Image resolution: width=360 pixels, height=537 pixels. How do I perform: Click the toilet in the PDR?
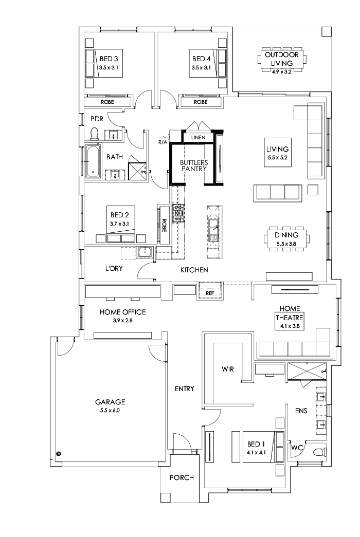(x=94, y=134)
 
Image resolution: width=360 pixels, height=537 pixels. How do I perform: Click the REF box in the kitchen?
(x=209, y=293)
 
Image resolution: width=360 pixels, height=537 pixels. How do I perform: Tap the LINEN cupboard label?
(x=198, y=138)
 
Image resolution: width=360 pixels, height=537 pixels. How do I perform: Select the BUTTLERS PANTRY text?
(x=193, y=165)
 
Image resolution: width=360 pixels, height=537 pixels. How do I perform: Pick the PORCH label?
(x=182, y=477)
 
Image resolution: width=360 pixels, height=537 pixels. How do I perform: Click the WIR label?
(x=228, y=369)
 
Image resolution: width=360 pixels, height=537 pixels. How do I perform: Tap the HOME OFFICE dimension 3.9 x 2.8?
(x=122, y=321)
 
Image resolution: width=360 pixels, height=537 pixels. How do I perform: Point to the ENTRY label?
(x=184, y=389)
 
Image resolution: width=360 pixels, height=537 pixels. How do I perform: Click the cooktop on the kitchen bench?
(x=178, y=213)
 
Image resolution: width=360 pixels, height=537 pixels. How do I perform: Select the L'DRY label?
(x=114, y=269)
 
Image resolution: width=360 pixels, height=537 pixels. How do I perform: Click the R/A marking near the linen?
(x=163, y=141)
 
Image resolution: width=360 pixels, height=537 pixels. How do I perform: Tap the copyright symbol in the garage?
(x=59, y=454)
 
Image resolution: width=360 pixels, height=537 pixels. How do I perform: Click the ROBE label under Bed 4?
(x=200, y=102)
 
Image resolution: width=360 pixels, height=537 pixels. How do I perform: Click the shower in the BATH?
(x=137, y=168)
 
